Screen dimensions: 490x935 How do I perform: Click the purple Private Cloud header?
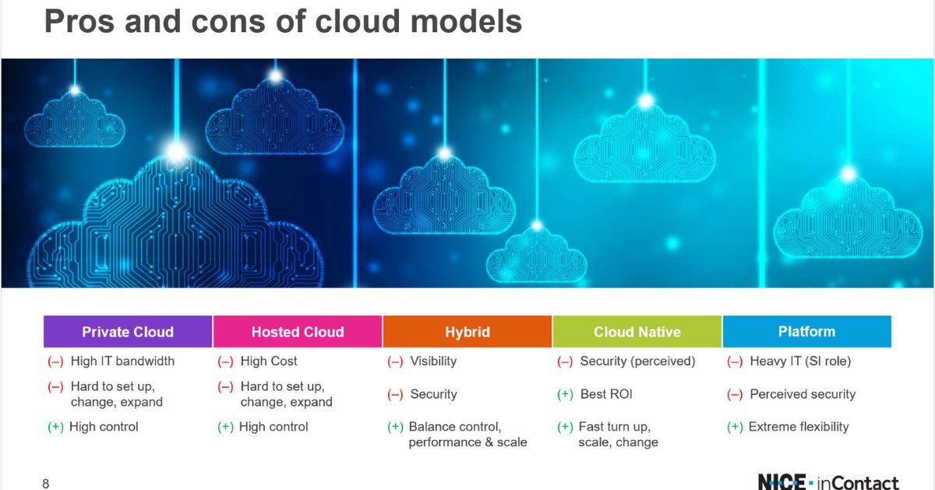(x=128, y=332)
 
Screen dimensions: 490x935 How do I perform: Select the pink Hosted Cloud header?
(x=297, y=332)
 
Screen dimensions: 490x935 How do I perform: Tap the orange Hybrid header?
(x=467, y=332)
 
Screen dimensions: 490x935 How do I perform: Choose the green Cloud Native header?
(x=637, y=332)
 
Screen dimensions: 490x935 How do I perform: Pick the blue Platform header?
(x=806, y=332)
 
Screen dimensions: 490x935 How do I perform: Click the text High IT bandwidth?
(x=122, y=361)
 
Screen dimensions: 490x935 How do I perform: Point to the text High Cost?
(x=269, y=361)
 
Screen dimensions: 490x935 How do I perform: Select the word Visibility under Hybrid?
(x=433, y=361)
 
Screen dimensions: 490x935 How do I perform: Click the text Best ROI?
(x=606, y=394)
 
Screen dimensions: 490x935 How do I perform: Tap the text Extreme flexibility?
(x=799, y=427)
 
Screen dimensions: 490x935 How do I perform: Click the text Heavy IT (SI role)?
(x=800, y=361)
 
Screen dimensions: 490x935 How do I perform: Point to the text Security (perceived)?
(x=637, y=361)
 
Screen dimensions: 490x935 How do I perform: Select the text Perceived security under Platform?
(x=803, y=394)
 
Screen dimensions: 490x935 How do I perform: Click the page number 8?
(x=45, y=484)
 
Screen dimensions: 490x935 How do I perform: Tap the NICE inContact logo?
(x=827, y=482)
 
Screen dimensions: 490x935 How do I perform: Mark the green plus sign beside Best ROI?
(x=565, y=394)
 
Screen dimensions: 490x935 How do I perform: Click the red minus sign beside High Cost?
(x=225, y=361)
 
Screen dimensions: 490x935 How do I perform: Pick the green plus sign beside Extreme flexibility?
(x=734, y=427)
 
